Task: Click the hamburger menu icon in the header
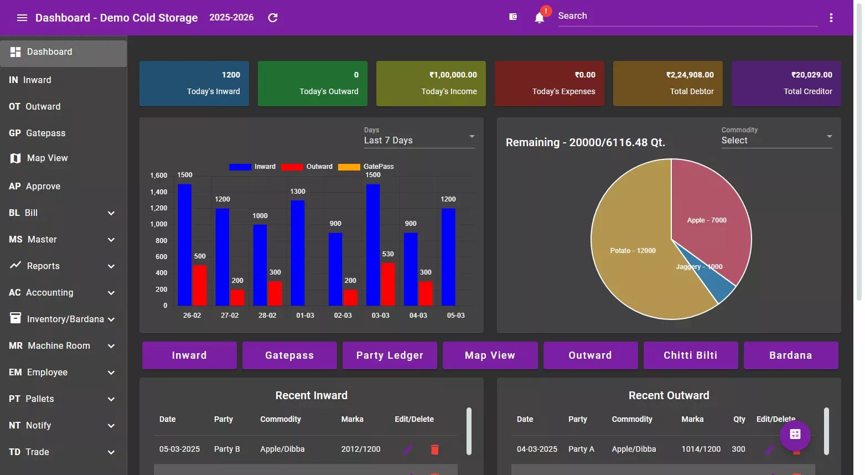pyautogui.click(x=22, y=18)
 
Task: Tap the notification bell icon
pyautogui.click(x=539, y=18)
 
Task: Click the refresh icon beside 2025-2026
pyautogui.click(x=272, y=18)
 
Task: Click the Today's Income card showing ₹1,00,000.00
pyautogui.click(x=431, y=84)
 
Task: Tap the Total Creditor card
pyautogui.click(x=786, y=84)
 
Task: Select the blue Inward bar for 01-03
pyautogui.click(x=298, y=253)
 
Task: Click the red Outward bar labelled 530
pyautogui.click(x=388, y=284)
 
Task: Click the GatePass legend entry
pyautogui.click(x=366, y=167)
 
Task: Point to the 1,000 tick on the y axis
pyautogui.click(x=158, y=224)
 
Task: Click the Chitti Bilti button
pyautogui.click(x=690, y=355)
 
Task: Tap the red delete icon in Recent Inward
pyautogui.click(x=434, y=450)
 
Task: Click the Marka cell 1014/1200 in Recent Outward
pyautogui.click(x=701, y=449)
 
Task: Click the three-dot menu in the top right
pyautogui.click(x=831, y=18)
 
